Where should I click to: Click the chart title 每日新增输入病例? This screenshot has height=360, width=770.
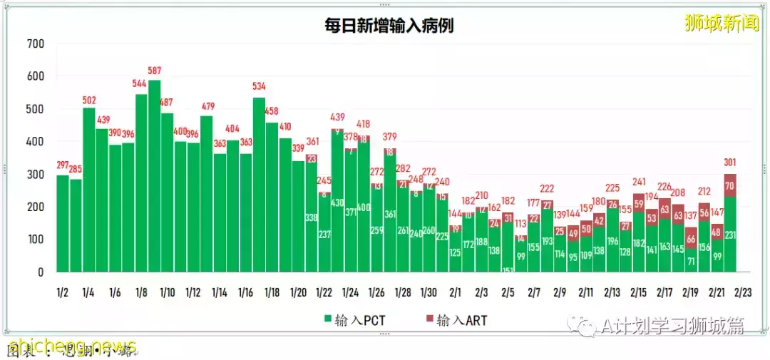387,26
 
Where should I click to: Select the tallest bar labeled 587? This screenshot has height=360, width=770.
155,178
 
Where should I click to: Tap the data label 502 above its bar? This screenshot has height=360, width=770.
89,101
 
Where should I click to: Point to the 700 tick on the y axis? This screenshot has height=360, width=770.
35,44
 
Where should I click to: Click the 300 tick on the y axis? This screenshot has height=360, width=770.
35,175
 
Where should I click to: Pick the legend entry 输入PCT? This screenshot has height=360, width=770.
355,320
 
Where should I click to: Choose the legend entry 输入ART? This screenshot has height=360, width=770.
456,320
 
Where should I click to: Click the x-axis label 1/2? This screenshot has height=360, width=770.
63,292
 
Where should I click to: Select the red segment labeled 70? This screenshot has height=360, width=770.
730,185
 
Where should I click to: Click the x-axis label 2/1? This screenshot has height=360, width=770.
455,292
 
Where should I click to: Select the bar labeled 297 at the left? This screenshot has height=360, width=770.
63,225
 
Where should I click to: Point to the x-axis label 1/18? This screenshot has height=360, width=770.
272,292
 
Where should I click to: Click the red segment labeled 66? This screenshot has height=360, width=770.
691,238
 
